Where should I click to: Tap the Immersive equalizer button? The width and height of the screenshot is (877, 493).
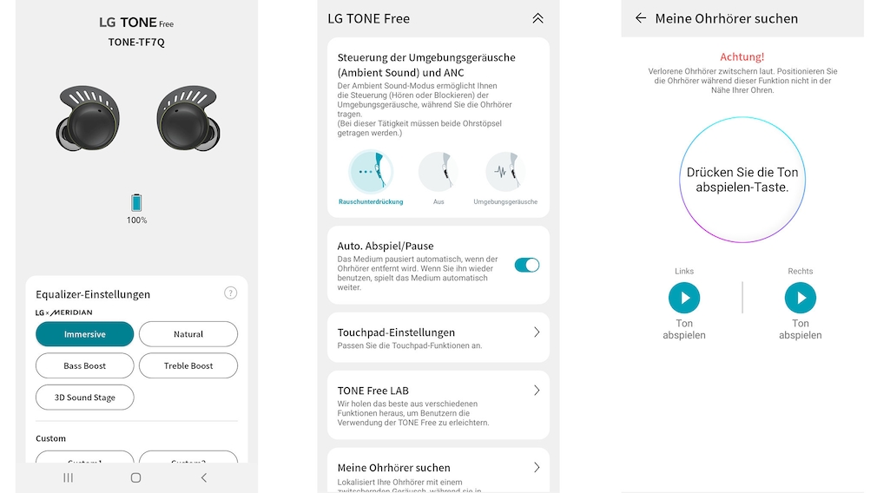coord(84,334)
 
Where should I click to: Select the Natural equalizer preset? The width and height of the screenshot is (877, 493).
coord(188,334)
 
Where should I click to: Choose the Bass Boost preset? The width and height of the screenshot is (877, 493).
coord(84,365)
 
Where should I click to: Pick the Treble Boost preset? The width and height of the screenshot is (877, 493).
coord(188,365)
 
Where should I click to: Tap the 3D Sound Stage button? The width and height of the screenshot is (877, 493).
coord(84,398)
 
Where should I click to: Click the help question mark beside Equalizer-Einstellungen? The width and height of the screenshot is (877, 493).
coord(230,293)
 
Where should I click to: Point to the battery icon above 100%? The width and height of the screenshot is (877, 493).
coord(136,203)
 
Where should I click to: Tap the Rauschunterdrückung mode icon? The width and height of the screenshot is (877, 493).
coord(370,172)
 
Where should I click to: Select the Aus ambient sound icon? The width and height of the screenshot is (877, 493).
coord(438,172)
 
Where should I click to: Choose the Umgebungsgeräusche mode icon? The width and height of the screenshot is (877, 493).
coord(505,172)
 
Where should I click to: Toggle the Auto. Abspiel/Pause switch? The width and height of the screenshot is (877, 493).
coord(526,265)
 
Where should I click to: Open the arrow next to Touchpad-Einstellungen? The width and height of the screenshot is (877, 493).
coord(537,332)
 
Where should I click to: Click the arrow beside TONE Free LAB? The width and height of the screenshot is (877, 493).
coord(537,391)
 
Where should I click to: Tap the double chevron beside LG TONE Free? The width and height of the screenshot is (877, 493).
coord(537,18)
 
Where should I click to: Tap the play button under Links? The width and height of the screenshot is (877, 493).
coord(684,299)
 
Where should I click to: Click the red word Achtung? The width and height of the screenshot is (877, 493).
coord(742,56)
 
